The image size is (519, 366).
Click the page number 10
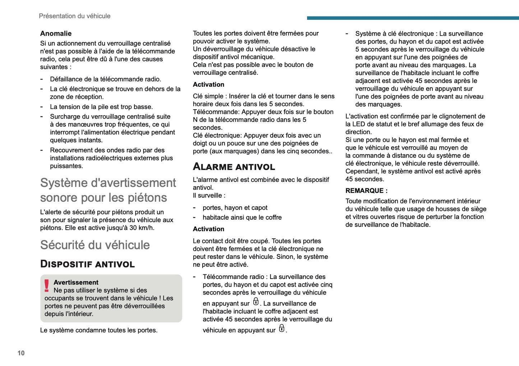click(21, 353)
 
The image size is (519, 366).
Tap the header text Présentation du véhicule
click(74, 16)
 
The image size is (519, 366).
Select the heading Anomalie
click(56, 33)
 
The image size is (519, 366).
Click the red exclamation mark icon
click(47, 286)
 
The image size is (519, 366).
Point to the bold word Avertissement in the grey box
click(76, 282)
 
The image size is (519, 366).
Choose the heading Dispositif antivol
click(87, 264)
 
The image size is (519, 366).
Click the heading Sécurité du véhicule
click(95, 245)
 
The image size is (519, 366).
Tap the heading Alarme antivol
click(234, 167)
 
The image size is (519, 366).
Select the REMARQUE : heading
click(366, 191)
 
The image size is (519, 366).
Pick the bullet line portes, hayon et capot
click(235, 208)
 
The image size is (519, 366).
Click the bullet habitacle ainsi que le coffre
click(242, 218)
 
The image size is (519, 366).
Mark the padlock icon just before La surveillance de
click(256, 301)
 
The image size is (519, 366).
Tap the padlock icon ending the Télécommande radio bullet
click(282, 328)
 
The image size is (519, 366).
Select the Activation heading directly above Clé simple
click(208, 84)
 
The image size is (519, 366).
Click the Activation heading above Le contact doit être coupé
click(208, 229)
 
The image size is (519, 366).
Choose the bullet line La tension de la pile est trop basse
click(101, 107)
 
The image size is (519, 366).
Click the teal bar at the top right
click(413, 18)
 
